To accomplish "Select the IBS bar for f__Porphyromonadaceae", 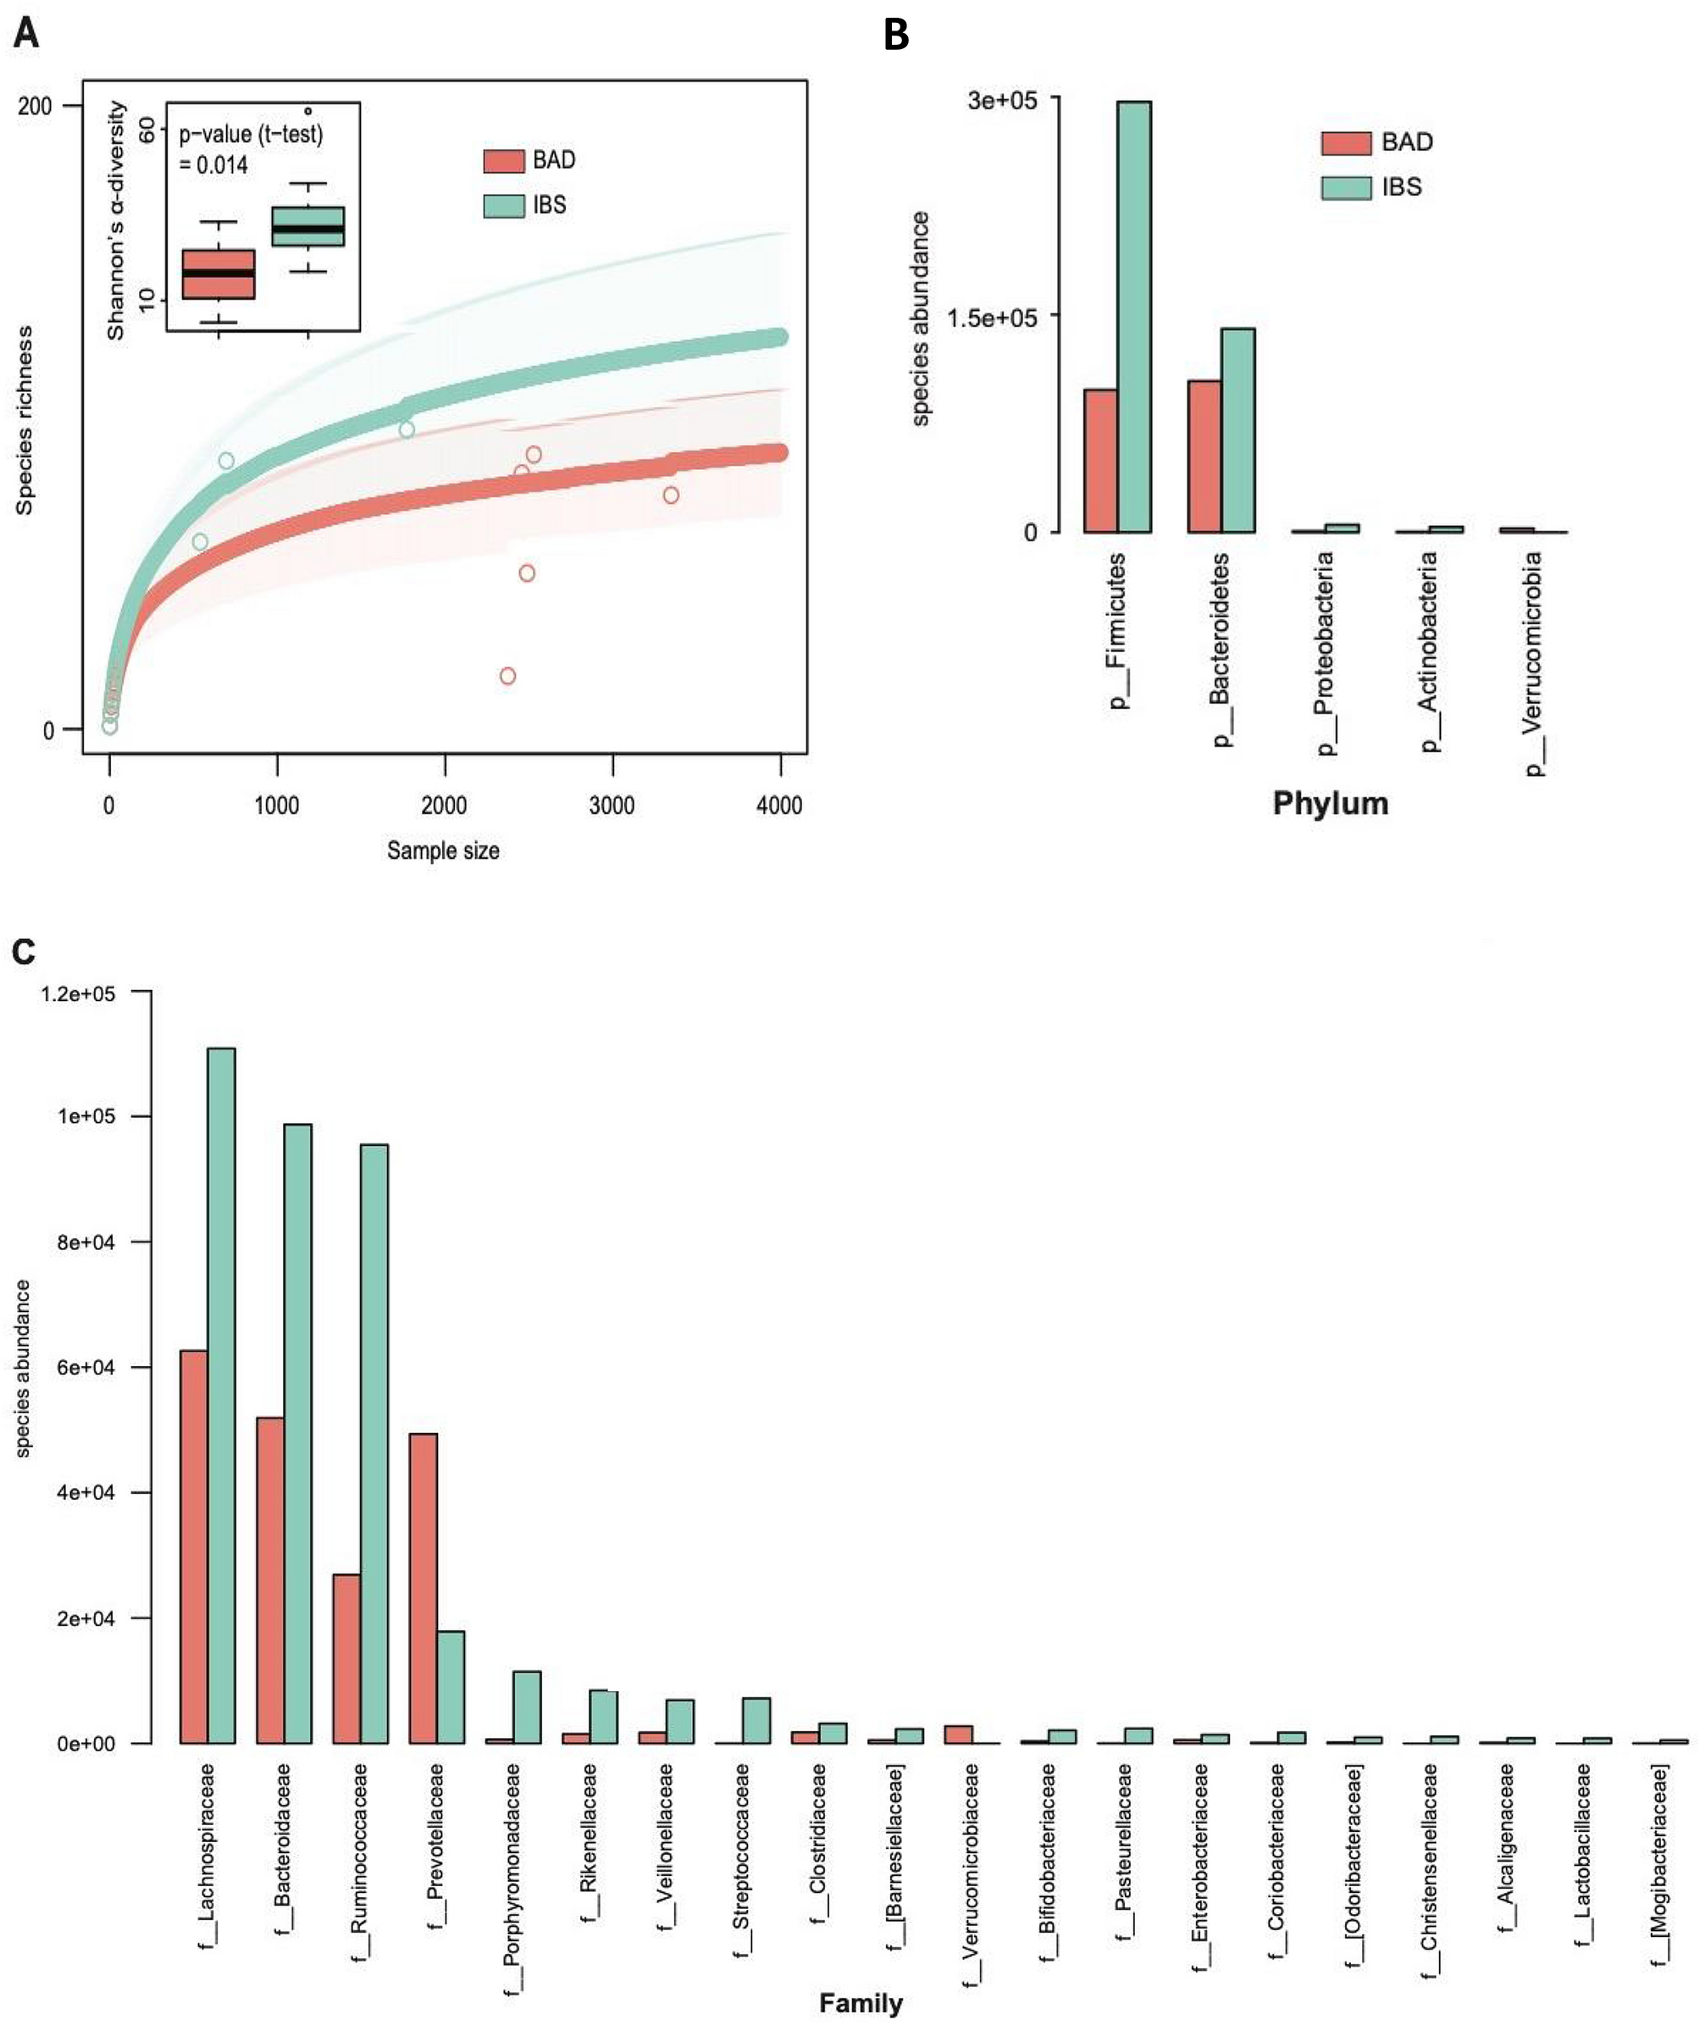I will tap(527, 1707).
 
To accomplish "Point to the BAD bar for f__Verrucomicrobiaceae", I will tap(957, 1735).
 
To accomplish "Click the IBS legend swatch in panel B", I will tap(1345, 187).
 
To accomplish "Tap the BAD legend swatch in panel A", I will tap(503, 160).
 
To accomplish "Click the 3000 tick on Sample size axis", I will tap(612, 805).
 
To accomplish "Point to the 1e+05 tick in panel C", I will tap(85, 1116).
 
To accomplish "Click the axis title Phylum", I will tap(1330, 803).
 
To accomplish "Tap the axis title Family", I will tap(860, 2003).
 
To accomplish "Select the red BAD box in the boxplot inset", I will tap(218, 274).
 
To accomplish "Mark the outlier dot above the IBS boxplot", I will tap(308, 111).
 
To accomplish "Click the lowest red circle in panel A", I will tap(508, 676).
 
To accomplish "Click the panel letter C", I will tap(23, 952).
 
